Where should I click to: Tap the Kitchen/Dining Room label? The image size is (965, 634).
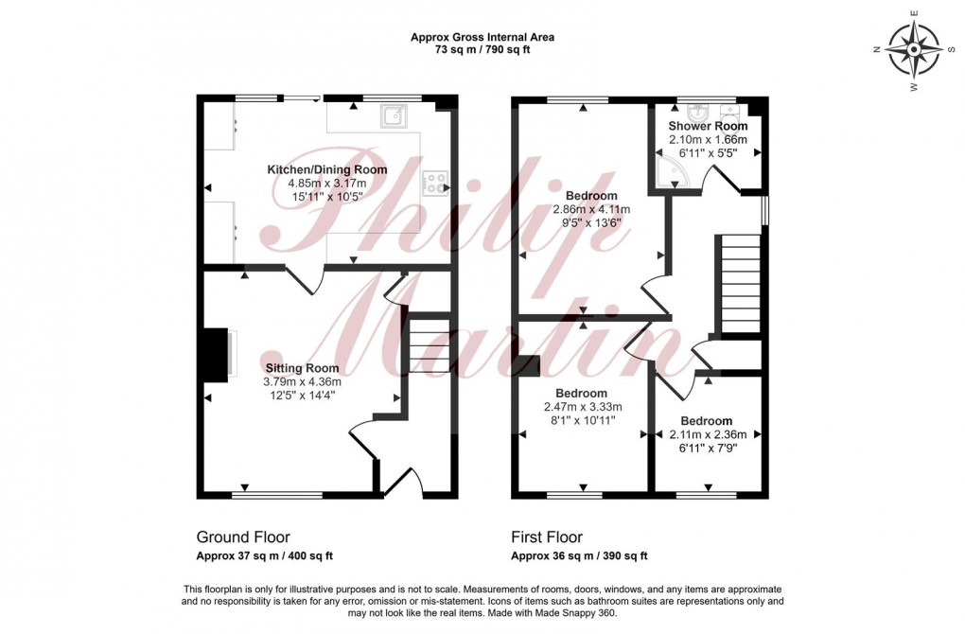326,169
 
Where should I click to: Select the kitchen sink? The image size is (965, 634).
394,116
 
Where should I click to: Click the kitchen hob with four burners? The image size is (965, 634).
436,181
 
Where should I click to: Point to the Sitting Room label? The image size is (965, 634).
302,368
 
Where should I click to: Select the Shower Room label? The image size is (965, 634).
708,126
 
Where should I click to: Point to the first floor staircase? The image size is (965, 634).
740,284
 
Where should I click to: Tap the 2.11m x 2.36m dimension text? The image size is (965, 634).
707,435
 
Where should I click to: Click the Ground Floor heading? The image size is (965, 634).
243,537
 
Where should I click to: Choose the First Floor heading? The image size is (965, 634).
547,537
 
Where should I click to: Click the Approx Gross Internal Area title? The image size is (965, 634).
482,38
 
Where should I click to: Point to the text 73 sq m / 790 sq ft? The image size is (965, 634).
482,50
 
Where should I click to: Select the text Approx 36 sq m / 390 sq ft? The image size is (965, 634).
579,556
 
